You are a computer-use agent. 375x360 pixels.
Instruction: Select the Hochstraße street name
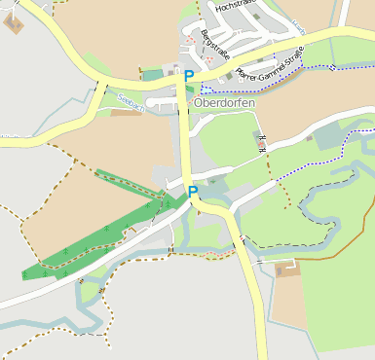pyautogui.click(x=237, y=7)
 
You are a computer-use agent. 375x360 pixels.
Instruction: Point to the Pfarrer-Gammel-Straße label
pyautogui.click(x=266, y=60)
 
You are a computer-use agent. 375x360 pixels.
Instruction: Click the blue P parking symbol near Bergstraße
pyautogui.click(x=189, y=75)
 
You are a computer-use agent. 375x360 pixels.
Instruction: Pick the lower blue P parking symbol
pyautogui.click(x=193, y=192)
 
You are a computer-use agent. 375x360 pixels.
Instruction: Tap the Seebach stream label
pyautogui.click(x=130, y=99)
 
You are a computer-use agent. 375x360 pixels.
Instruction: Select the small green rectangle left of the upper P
pyautogui.click(x=153, y=75)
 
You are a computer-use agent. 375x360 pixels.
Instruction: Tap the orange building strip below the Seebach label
pyautogui.click(x=127, y=113)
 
